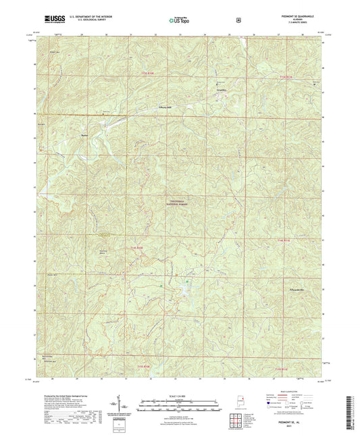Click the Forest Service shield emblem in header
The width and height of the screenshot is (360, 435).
click(x=238, y=20)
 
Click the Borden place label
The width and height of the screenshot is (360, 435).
click(x=85, y=134)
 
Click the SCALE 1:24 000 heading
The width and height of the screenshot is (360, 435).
click(x=180, y=395)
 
